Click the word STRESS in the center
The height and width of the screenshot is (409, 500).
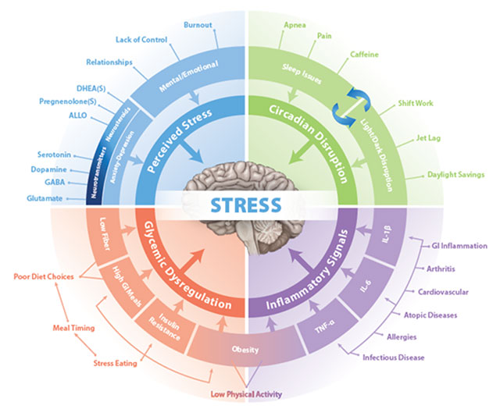pos(246,204)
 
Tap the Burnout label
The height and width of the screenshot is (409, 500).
pos(198,25)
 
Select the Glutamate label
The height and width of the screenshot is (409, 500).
pos(45,198)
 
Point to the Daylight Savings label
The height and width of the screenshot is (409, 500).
pos(455,175)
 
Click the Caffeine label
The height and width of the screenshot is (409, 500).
pos(364,55)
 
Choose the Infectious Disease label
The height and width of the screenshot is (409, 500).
pos(393,357)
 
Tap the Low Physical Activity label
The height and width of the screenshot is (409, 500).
pos(246,394)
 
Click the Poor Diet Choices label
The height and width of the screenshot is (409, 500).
pos(44,276)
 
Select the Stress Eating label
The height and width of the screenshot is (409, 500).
pos(115,363)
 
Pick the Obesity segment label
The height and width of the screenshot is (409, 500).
pos(245,350)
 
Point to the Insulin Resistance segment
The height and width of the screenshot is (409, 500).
pos(164,326)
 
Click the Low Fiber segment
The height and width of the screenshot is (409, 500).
pos(105,234)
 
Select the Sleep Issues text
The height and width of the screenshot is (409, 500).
pos(302,73)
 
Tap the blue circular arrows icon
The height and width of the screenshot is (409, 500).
pos(351,108)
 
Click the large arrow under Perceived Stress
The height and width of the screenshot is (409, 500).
pos(191,151)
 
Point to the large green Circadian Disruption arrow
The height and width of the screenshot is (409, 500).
pos(301,152)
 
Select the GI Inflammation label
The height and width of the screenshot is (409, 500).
pos(459,246)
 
